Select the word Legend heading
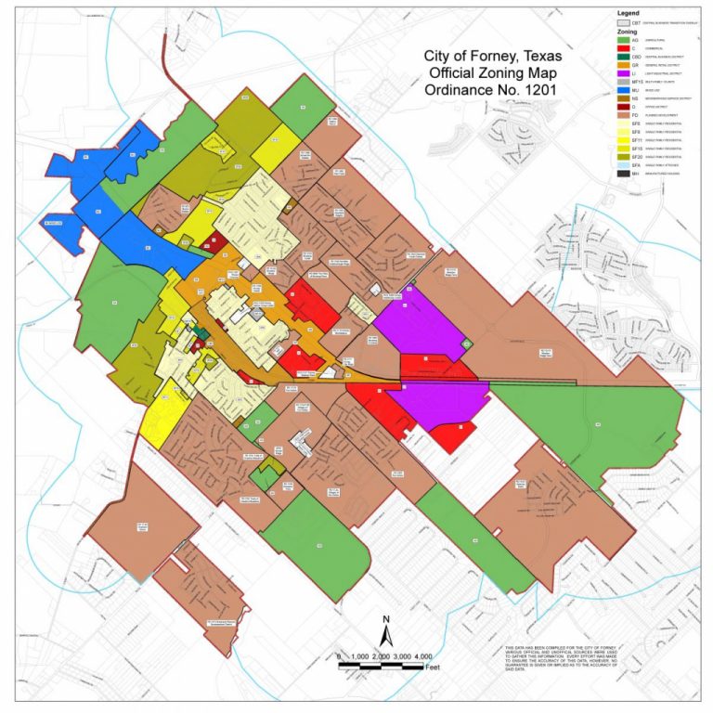(629, 11)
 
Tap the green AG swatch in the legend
(622, 41)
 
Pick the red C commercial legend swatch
(622, 50)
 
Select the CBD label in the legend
(636, 58)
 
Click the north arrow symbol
(386, 636)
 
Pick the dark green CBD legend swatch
(622, 58)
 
